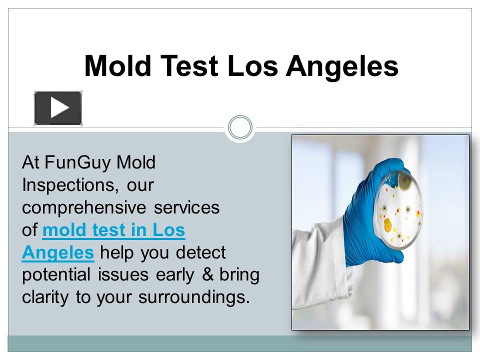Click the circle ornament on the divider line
[240, 127]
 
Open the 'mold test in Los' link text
[114, 230]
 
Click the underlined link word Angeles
[58, 252]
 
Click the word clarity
[46, 297]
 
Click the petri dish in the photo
[398, 210]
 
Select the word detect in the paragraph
[201, 252]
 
